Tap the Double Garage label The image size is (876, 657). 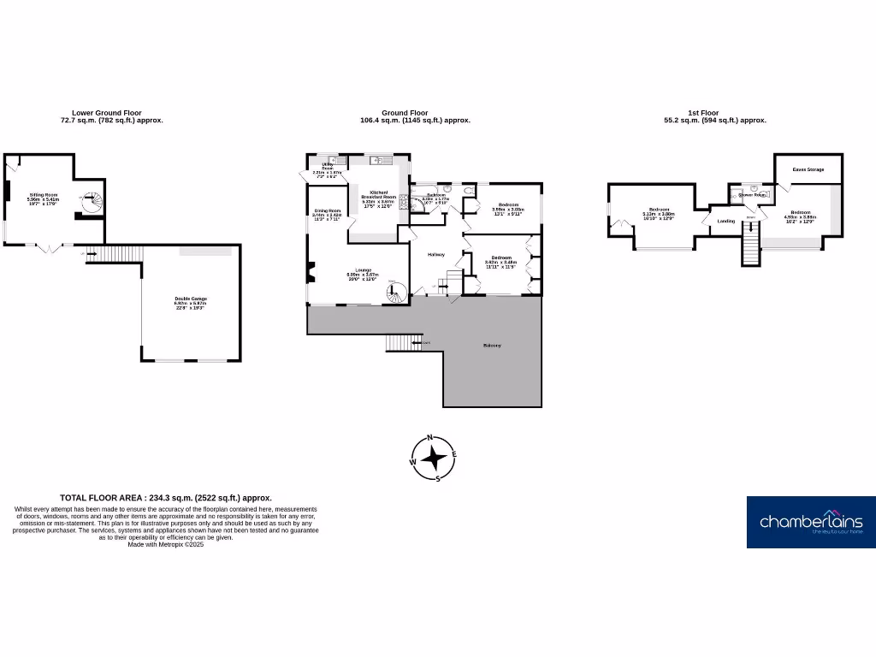coord(191,299)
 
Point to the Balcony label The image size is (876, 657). coord(492,346)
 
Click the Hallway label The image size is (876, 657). coord(436,254)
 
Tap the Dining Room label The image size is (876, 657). coord(327,210)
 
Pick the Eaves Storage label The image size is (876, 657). coord(808,169)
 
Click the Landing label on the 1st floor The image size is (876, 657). coord(725,222)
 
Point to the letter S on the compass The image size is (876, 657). coord(438,478)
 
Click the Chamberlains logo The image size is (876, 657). coord(811,522)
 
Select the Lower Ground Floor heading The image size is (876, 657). coord(107,112)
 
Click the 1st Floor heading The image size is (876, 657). coord(703,112)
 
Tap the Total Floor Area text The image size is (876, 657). coord(166,497)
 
